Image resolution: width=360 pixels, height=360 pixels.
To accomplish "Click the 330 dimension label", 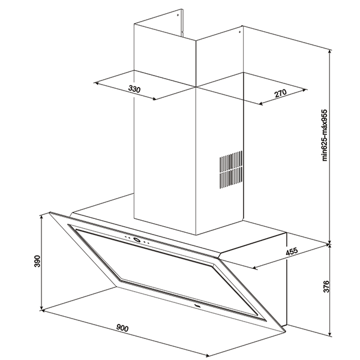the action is point(134,89).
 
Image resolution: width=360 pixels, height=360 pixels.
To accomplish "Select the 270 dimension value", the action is point(281,93).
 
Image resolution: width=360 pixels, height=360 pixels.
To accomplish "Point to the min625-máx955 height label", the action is point(324,135).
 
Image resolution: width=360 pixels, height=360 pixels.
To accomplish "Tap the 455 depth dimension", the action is point(292,251).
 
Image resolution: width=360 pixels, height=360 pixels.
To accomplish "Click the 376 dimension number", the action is point(326,286).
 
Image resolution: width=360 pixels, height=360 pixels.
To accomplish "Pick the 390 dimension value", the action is point(37,261).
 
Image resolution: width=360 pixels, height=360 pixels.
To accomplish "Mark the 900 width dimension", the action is point(122,328).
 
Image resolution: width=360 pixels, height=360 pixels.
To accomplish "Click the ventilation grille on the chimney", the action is point(231,170).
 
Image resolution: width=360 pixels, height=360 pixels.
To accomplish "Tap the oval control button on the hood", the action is point(137,240).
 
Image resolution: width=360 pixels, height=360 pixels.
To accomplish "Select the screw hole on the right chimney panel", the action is point(239,32).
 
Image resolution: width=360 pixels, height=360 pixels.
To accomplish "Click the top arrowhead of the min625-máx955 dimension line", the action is point(330,50).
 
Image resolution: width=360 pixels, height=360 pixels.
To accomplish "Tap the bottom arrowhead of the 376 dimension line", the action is point(330,336).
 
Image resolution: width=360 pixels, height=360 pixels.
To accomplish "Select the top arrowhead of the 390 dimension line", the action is point(41,216).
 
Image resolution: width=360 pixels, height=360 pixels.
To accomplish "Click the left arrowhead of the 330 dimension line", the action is point(95,83).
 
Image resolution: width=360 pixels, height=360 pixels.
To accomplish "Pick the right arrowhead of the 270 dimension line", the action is point(305,90).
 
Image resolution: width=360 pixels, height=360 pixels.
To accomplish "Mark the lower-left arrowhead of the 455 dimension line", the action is point(254,268).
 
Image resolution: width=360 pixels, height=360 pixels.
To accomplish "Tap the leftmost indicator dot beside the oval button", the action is point(125,237).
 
